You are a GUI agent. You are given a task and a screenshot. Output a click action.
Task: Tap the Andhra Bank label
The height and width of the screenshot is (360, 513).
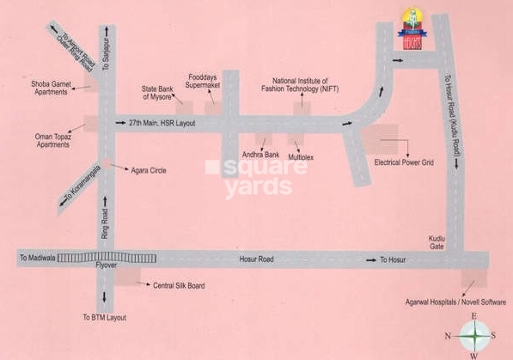(x=261, y=155)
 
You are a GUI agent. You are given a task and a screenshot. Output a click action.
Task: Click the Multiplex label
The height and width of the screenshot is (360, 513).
(x=302, y=158)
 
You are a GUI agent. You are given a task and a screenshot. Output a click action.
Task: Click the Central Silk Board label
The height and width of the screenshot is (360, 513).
(x=178, y=284)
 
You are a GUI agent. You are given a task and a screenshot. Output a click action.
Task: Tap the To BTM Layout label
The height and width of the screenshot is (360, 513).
(x=104, y=317)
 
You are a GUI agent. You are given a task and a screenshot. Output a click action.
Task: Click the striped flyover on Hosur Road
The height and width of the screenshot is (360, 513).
(x=107, y=258)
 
